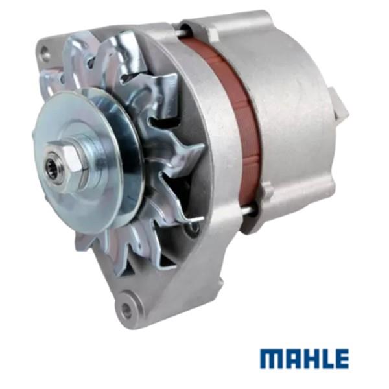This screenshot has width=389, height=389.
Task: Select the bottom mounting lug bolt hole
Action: pyautogui.click(x=127, y=309)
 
